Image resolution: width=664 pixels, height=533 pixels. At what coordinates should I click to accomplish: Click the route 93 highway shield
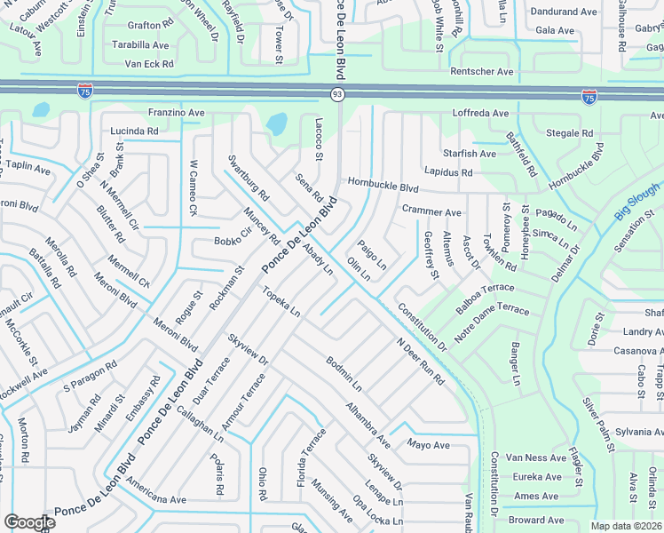(x=336, y=94)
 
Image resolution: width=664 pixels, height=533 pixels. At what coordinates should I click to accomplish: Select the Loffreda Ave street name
(x=480, y=114)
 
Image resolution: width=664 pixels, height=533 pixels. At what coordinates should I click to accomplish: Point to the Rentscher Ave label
(x=482, y=71)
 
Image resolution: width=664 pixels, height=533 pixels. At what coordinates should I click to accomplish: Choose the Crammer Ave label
(x=431, y=212)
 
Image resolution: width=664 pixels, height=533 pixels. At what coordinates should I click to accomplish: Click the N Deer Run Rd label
(x=420, y=361)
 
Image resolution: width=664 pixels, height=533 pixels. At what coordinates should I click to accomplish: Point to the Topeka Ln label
(x=281, y=301)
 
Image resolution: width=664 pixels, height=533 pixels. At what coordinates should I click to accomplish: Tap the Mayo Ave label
(x=429, y=444)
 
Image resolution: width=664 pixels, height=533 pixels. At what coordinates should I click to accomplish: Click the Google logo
(x=29, y=522)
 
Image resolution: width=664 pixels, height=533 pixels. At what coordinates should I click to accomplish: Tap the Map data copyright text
(x=625, y=526)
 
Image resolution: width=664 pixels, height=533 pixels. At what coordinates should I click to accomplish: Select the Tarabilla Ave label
(x=136, y=44)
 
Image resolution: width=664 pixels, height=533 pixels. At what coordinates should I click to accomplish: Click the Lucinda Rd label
(x=134, y=131)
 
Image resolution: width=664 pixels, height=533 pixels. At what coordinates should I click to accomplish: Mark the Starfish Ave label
(x=470, y=154)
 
